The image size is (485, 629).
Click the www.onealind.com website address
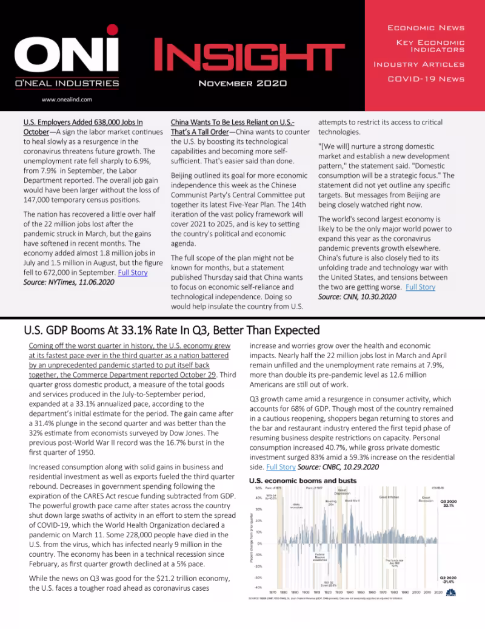click(67, 100)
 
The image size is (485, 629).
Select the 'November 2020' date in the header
click(242, 83)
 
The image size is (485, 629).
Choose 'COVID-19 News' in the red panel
click(426, 79)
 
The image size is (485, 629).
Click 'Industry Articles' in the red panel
click(419, 64)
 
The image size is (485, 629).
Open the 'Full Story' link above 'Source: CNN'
click(420, 287)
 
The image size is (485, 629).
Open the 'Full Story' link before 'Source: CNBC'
click(281, 467)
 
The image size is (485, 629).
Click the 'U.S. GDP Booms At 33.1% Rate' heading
click(172, 331)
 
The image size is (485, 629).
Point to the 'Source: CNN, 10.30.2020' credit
click(357, 297)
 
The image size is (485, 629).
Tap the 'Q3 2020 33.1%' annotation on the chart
click(449, 503)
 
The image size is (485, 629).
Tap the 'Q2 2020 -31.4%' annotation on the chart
click(449, 580)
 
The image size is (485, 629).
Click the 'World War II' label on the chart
click(352, 500)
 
